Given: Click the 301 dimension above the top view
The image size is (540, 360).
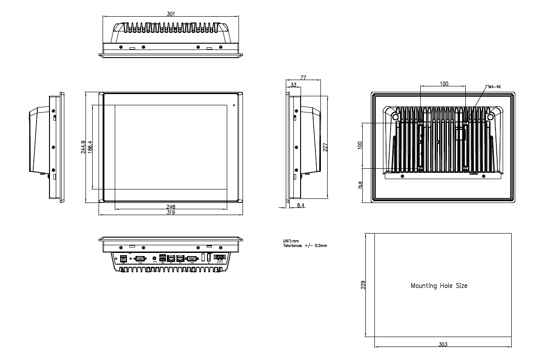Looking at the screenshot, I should (x=171, y=14).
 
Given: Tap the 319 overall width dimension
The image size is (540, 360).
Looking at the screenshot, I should (x=171, y=212).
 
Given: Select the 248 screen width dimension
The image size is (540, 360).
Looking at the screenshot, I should (x=171, y=207).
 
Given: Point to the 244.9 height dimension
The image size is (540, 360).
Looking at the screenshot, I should (x=83, y=148).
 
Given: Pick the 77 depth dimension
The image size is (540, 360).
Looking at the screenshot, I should (x=303, y=78).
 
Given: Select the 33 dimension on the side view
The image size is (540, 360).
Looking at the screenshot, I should (x=293, y=85).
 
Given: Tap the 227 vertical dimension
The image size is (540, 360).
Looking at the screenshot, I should (x=325, y=148).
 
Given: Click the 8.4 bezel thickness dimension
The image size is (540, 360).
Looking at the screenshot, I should (x=301, y=205).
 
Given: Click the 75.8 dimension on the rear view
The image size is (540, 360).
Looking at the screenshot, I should (x=360, y=186).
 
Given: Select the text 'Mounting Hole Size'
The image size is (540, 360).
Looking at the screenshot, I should (x=439, y=286).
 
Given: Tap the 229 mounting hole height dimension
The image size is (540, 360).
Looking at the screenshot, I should (x=363, y=285).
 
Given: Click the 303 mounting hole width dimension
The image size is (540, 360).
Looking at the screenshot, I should (x=443, y=345).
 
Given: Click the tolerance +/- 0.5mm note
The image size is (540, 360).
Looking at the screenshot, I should (x=305, y=246).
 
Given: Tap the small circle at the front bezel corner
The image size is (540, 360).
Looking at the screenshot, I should (x=234, y=105).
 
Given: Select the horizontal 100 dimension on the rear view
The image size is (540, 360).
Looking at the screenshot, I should (x=444, y=84).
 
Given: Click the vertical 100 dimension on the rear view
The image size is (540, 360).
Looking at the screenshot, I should (x=360, y=145).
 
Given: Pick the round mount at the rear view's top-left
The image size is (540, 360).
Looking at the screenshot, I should (x=396, y=116).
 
